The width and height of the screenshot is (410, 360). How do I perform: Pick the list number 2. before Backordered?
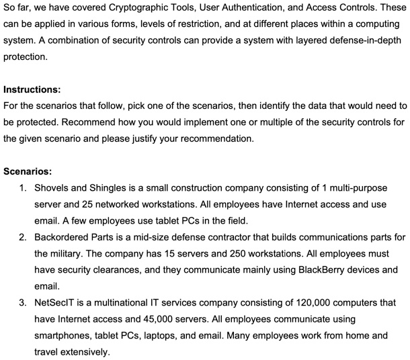[23, 237]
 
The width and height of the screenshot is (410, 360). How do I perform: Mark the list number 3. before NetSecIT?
[23, 302]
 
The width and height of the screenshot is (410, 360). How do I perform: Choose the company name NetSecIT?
[56, 302]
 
